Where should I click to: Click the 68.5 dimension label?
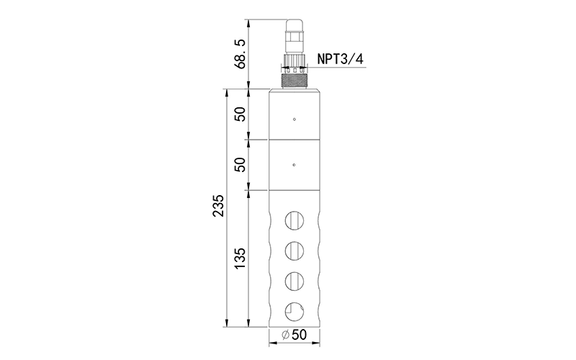(x=240, y=55)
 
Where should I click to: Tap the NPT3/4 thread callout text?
(x=341, y=59)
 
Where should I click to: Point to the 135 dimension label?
(x=240, y=258)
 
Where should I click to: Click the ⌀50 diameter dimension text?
(x=294, y=335)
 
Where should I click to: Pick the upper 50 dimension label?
(x=240, y=114)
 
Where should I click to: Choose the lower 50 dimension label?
(x=240, y=165)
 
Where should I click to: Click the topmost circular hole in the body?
(x=294, y=221)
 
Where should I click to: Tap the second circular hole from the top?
(x=294, y=251)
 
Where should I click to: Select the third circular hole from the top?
(x=294, y=282)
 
